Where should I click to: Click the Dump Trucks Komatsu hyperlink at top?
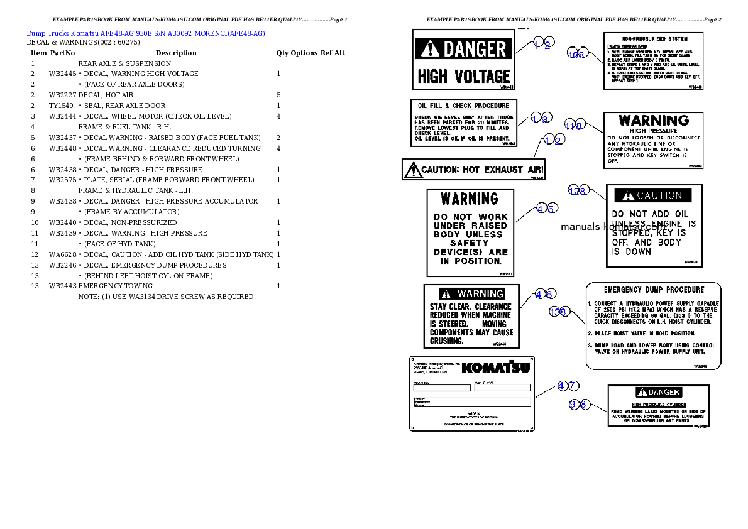[146, 33]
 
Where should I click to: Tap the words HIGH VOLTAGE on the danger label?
[464, 77]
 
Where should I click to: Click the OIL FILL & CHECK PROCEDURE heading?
[464, 106]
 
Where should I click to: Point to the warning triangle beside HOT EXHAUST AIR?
[412, 169]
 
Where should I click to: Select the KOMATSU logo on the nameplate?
[495, 367]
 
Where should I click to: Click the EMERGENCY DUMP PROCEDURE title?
[654, 290]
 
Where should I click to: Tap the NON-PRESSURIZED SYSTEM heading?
[653, 39]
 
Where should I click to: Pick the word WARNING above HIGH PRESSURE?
[654, 120]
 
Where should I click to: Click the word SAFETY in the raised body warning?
[469, 243]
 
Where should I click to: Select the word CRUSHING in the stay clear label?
[447, 341]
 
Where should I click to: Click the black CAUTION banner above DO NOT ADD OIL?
[652, 195]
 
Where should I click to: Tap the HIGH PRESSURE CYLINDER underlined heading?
[659, 405]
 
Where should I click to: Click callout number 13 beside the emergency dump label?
[554, 312]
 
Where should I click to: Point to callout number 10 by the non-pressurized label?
[572, 55]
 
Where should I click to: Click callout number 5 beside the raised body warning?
[551, 209]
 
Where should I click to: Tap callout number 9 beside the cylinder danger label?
[573, 405]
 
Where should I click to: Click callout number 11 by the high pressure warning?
[569, 125]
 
